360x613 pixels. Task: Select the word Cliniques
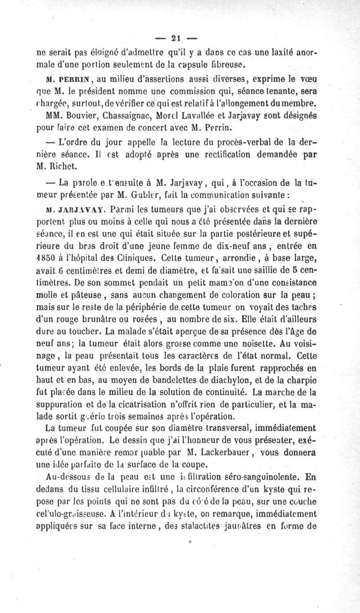click(x=142, y=259)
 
